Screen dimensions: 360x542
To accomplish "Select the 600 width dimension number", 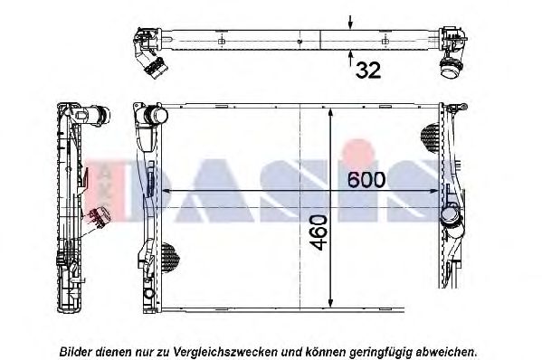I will tap(366, 180).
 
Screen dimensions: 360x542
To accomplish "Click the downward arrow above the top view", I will tap(350, 19).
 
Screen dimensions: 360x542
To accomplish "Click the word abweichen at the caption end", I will tap(447, 350).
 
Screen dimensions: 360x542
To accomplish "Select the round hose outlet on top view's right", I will tap(450, 64).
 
